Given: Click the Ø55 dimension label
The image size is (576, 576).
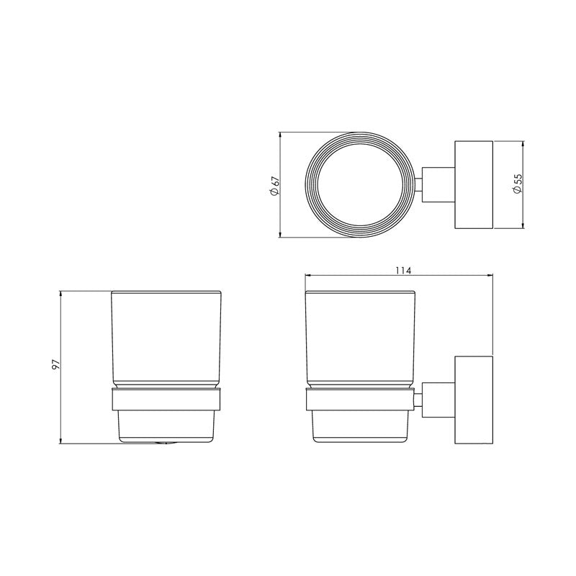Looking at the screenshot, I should (x=517, y=184).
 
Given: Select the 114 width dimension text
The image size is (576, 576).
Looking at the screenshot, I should (x=402, y=270).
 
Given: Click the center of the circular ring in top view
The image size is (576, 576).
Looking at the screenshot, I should (x=362, y=185).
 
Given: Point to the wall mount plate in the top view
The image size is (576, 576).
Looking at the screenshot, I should (x=472, y=185).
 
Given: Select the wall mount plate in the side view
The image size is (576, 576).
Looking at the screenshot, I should (x=472, y=400).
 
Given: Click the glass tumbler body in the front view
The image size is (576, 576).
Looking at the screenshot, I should (x=166, y=335).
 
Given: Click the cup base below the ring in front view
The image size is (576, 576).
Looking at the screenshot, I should (x=166, y=426).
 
